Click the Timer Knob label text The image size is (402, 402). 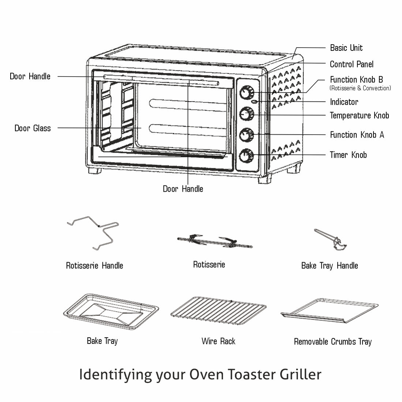(348, 155)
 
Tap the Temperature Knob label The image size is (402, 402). (359, 116)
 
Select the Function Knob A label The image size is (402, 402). (357, 135)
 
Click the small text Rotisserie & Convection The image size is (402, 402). (360, 88)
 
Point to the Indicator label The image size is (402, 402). (344, 102)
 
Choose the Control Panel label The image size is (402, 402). (352, 64)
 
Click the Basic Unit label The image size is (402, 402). (346, 48)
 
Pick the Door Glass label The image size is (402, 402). (33, 128)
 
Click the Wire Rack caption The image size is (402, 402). (218, 341)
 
